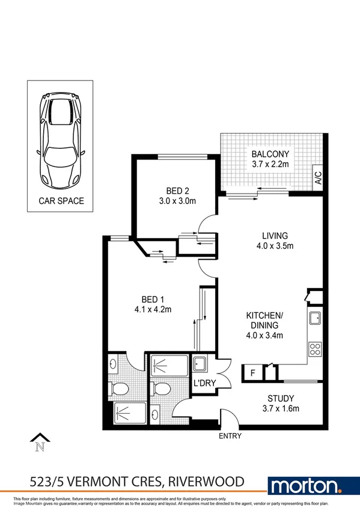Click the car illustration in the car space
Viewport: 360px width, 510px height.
pos(61,139)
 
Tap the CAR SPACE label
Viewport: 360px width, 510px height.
pos(61,201)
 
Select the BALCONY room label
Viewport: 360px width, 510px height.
pos(270,153)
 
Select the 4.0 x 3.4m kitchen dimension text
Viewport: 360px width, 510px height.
pos(264,336)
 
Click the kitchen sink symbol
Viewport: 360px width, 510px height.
pos(315,319)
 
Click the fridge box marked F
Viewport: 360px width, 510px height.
pos(252,373)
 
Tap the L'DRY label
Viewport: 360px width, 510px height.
pos(201,382)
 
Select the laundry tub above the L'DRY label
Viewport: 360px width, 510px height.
pos(200,364)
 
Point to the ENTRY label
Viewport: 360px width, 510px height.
pos(231,436)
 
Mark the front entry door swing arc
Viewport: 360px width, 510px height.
pos(229,416)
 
